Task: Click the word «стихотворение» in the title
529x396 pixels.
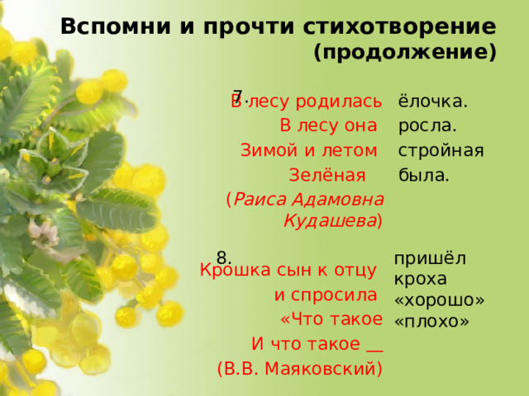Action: coord(405,26)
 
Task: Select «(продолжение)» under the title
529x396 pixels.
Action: coord(405,54)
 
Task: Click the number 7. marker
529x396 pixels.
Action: coord(239,95)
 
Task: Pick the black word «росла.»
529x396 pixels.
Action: coord(428,126)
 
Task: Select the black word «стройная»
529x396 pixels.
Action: coord(441,151)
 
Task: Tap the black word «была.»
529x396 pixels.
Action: coord(424,176)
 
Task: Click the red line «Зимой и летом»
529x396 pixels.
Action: coord(309,151)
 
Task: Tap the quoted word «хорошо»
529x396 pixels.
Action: coord(440,299)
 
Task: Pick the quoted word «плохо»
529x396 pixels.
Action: coord(432,320)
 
